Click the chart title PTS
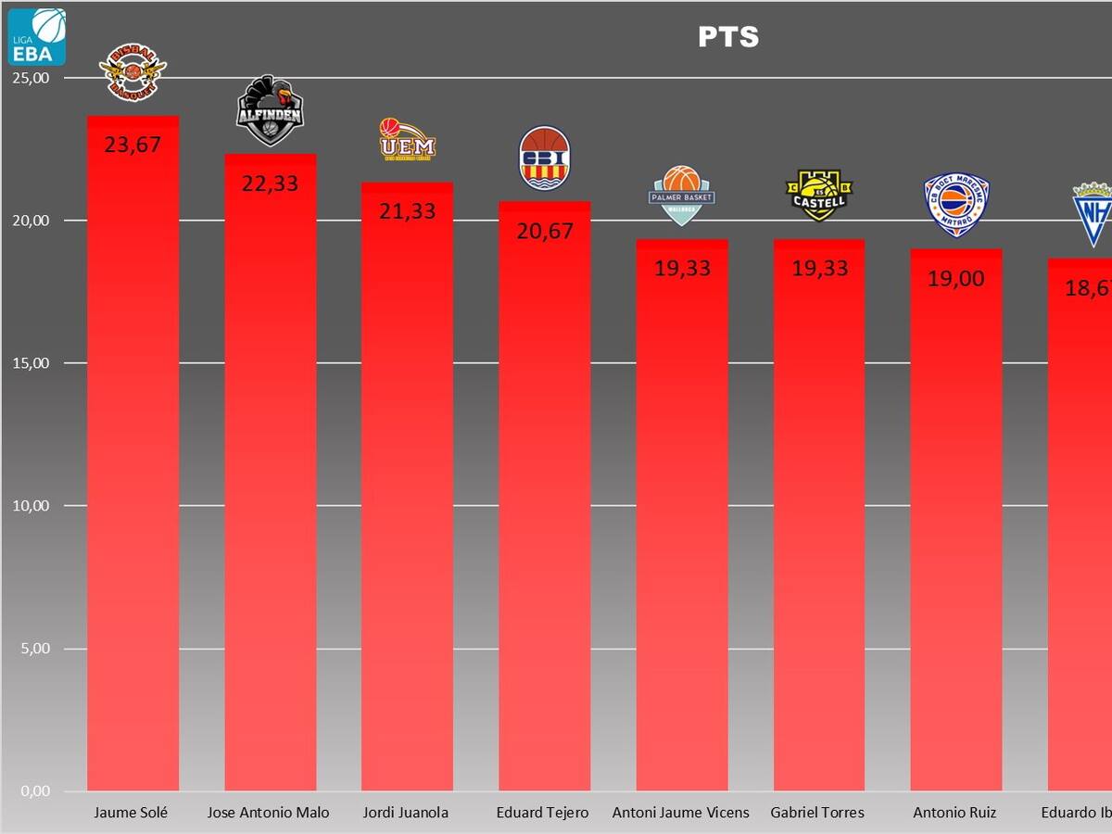tap(728, 37)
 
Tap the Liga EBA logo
tap(37, 37)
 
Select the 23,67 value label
tap(133, 145)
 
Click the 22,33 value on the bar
tap(270, 183)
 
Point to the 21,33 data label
tap(407, 211)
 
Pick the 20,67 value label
tap(544, 232)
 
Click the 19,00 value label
tap(955, 278)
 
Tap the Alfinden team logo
tap(270, 111)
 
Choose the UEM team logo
tap(407, 141)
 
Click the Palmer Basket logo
tap(682, 195)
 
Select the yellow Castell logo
tap(819, 195)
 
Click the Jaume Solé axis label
tap(131, 813)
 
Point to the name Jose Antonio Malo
tap(268, 813)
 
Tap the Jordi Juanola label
tap(406, 813)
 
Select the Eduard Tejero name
tap(543, 813)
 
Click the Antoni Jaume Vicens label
tap(680, 813)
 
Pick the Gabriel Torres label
tap(817, 813)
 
